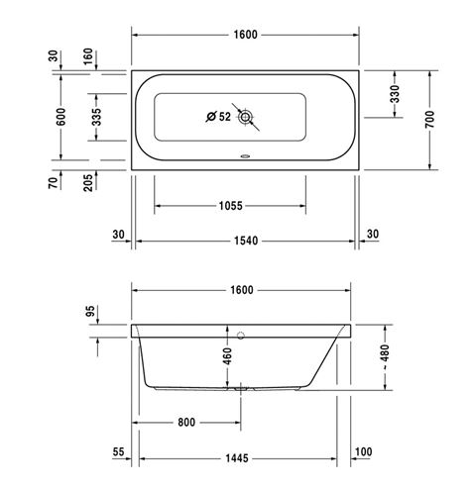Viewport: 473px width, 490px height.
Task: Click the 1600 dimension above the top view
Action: tap(245, 35)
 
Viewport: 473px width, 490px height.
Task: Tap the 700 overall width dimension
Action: tap(429, 120)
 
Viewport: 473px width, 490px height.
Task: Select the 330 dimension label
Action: tap(395, 94)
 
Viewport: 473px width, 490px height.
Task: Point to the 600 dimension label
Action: tap(60, 117)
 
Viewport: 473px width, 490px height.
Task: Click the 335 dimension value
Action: tap(96, 117)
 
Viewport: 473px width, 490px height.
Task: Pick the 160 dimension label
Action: tap(88, 56)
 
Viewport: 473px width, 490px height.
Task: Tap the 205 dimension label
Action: tap(88, 182)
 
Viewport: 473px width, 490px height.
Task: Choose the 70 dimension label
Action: tap(53, 182)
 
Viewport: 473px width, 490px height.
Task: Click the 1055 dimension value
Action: tap(230, 206)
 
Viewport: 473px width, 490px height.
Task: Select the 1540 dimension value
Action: tap(246, 241)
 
